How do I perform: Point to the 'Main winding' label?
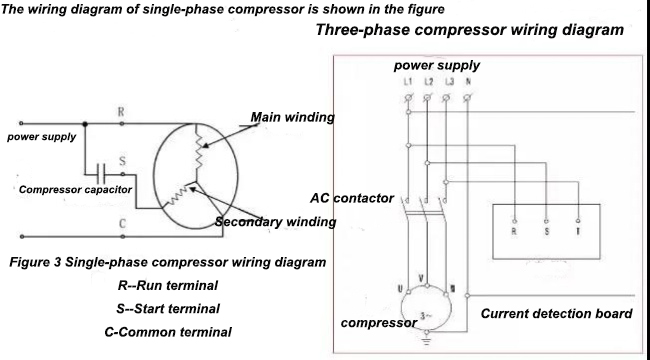[x=292, y=117]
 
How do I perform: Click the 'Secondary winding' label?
[x=277, y=221]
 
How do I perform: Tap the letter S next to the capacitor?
[x=121, y=159]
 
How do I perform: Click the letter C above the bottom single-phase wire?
[x=122, y=223]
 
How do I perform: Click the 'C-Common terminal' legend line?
[x=167, y=331]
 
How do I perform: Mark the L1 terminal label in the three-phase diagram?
[x=407, y=80]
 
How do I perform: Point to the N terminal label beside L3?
[x=469, y=80]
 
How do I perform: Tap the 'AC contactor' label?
[x=353, y=198]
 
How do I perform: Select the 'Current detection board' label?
[x=556, y=314]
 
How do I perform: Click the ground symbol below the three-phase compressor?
[x=428, y=341]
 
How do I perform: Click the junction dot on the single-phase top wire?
[x=85, y=125]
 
